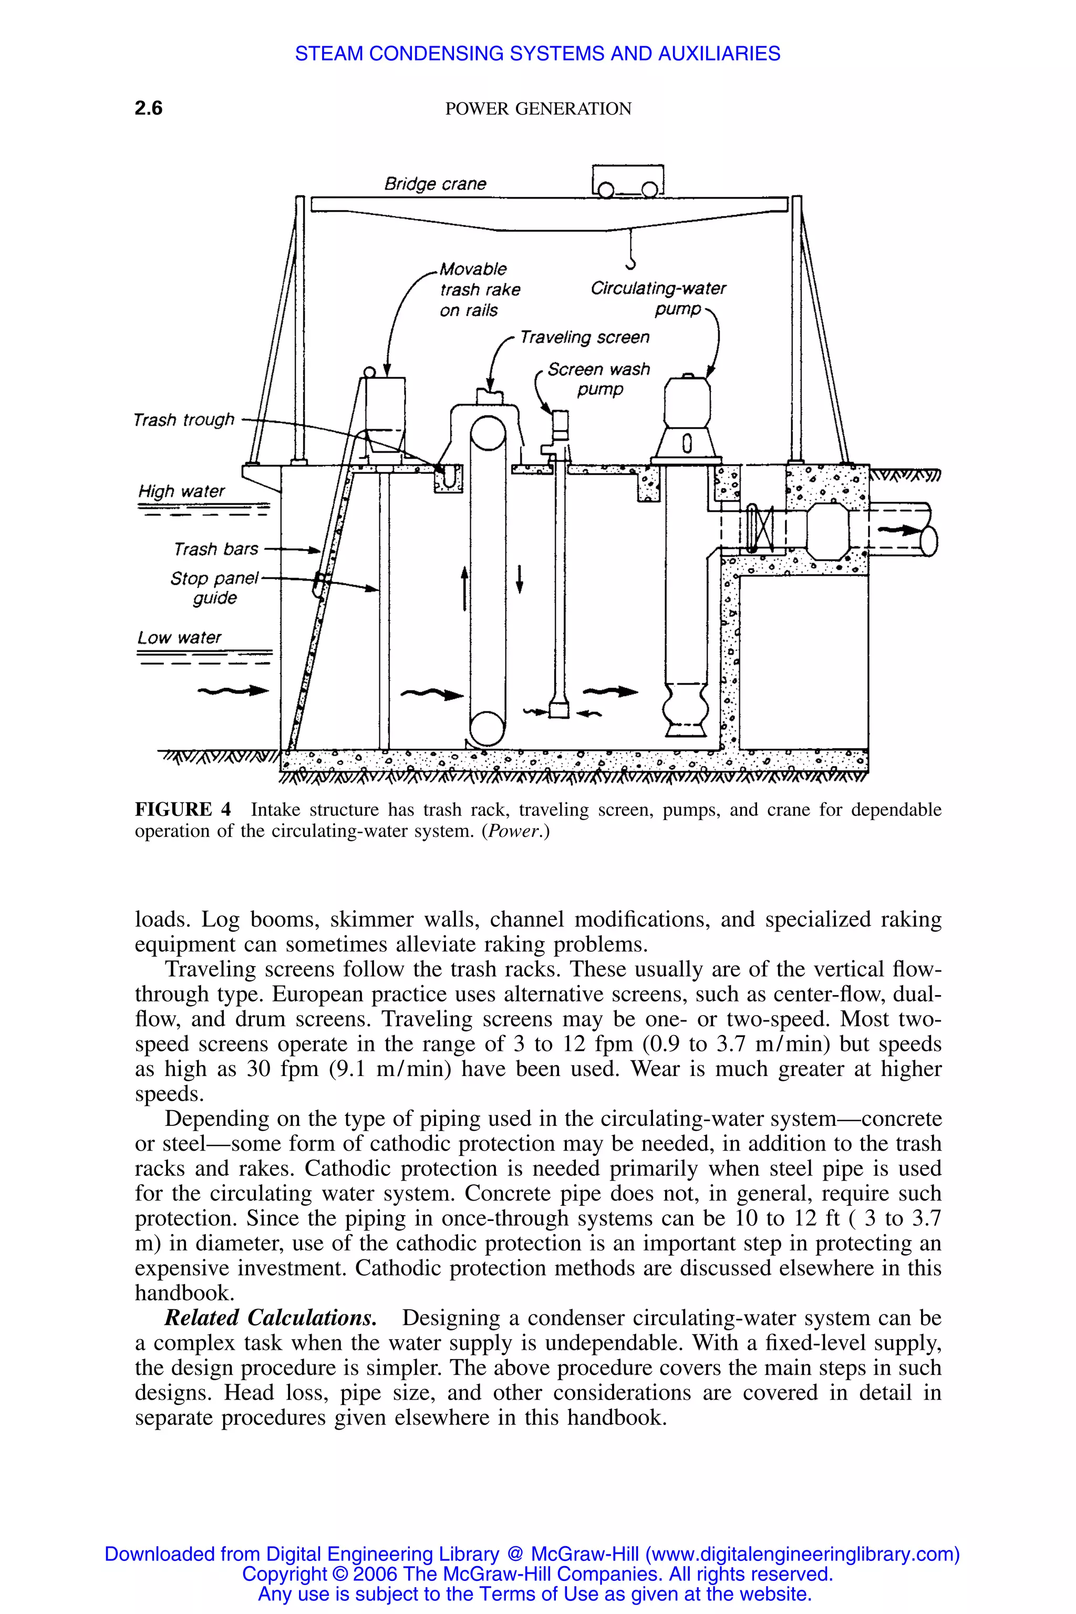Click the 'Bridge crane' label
435,184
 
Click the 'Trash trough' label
184,419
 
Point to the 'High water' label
181,491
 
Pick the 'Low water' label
179,637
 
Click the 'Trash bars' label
215,549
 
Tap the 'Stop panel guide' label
215,588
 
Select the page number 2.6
148,108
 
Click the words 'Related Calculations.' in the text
271,1318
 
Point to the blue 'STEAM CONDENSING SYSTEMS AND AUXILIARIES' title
537,54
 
